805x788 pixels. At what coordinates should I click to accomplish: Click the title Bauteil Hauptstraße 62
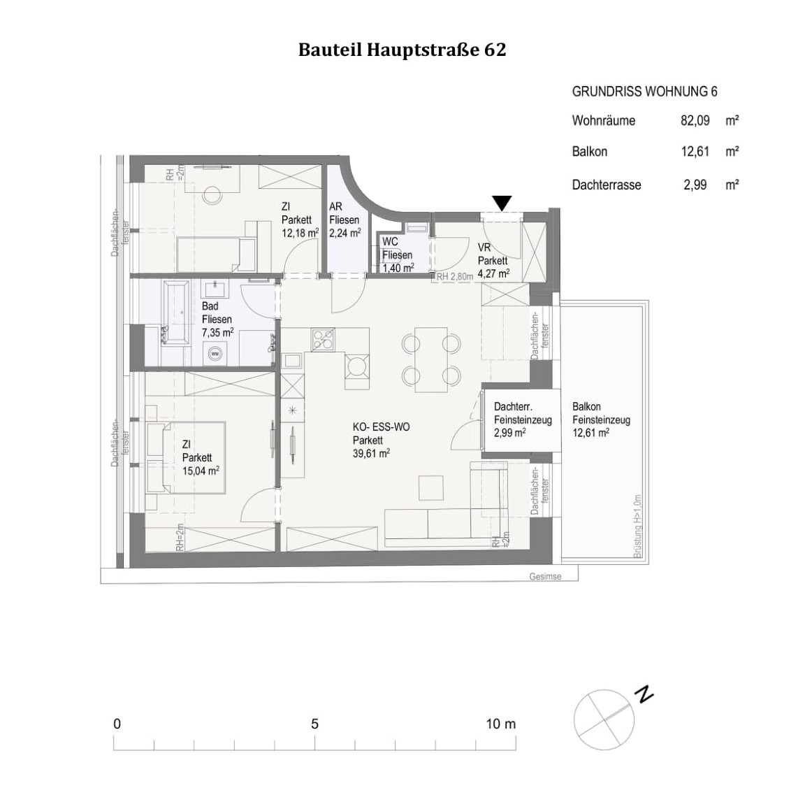point(402,50)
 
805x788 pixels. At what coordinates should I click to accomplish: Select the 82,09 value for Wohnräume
point(695,120)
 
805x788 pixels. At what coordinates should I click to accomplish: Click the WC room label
point(390,242)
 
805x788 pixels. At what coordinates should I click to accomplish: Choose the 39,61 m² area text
point(371,454)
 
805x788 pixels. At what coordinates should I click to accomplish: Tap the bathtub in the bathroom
point(175,313)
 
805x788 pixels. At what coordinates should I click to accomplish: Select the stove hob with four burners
point(323,339)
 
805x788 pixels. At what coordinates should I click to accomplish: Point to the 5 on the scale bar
point(314,724)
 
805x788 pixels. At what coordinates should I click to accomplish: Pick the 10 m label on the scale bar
point(500,724)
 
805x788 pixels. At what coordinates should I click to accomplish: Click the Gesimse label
point(545,577)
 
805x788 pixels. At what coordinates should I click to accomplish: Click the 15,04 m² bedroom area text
point(201,471)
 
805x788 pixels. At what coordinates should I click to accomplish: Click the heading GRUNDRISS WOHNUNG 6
point(644,92)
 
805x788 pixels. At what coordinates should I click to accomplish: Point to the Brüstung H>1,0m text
point(637,526)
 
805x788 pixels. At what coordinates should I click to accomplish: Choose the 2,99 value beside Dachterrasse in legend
point(695,185)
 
